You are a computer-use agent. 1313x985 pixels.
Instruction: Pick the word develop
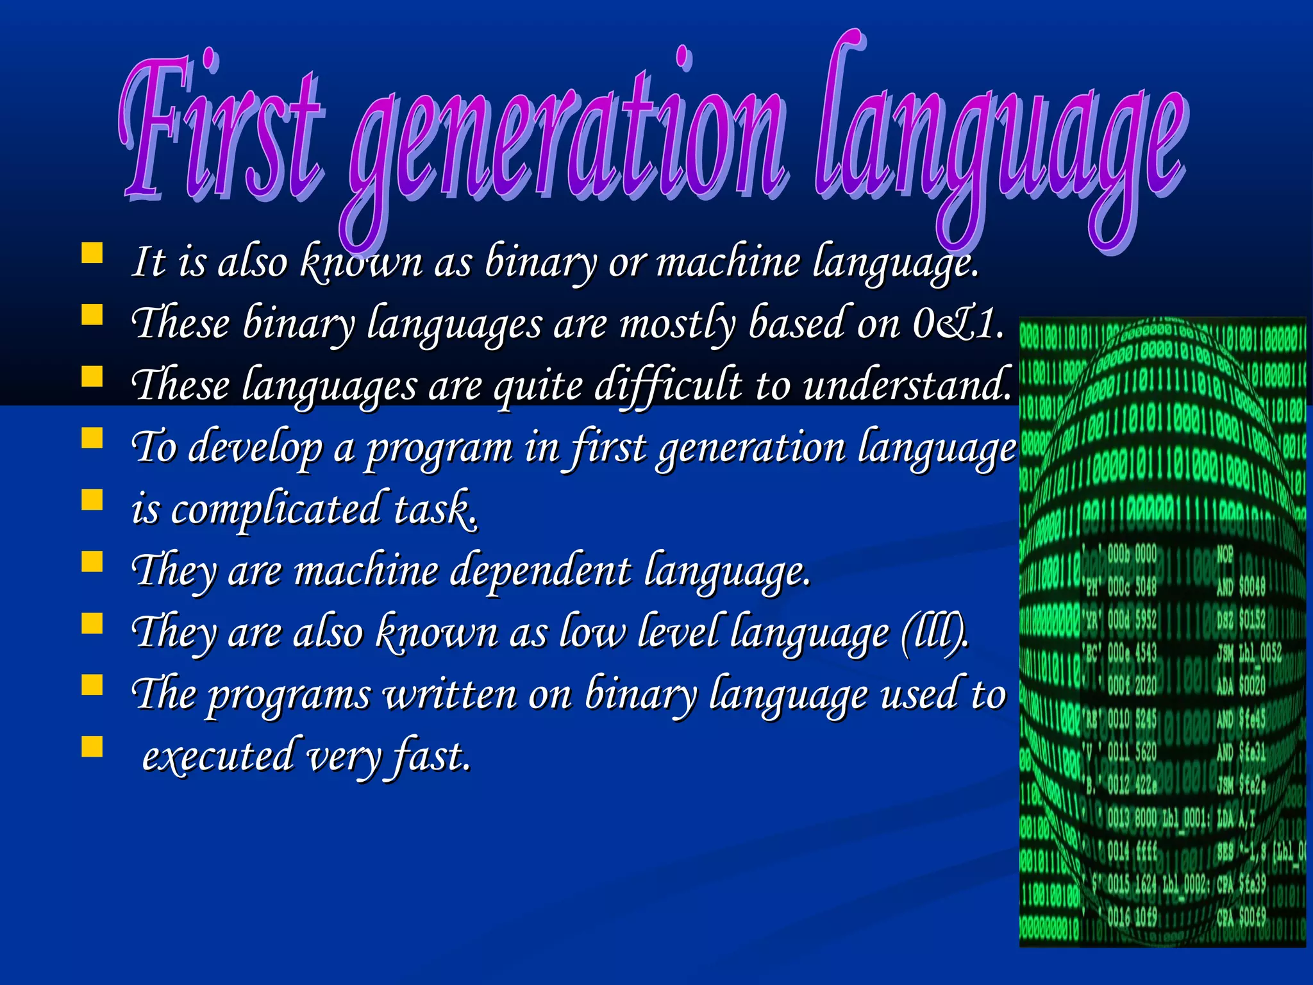click(x=256, y=448)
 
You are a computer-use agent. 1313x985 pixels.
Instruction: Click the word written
click(x=449, y=694)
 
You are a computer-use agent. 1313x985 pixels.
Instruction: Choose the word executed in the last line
click(x=217, y=755)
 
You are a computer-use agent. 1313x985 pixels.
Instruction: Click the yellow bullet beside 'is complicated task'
click(x=92, y=500)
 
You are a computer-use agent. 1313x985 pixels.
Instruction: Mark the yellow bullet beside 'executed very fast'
click(x=92, y=746)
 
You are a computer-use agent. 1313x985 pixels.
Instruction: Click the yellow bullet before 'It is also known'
click(x=92, y=253)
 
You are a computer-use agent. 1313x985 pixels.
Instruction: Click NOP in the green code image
click(x=1225, y=554)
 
